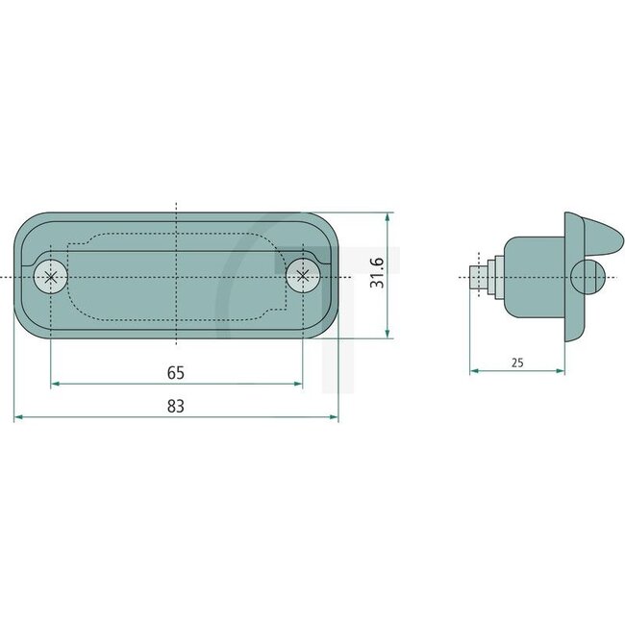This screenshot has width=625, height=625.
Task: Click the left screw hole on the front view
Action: click(x=51, y=277)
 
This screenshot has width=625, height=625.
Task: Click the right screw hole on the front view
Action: click(x=303, y=277)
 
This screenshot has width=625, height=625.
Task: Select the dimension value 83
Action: click(x=175, y=406)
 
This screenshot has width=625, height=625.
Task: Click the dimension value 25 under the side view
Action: click(x=517, y=362)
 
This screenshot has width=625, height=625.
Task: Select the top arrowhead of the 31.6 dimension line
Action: click(x=387, y=218)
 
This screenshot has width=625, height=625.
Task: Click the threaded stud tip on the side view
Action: click(x=475, y=278)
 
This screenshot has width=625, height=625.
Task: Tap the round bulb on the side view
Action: click(x=586, y=277)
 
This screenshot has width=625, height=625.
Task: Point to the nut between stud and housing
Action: click(x=491, y=278)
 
